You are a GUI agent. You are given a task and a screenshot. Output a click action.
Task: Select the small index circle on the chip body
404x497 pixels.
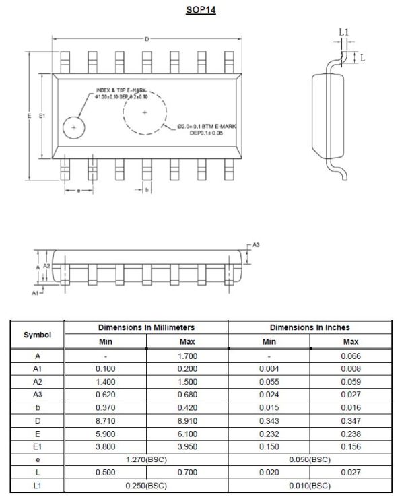pos(73,127)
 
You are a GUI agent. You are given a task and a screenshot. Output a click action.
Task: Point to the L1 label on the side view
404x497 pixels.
pos(343,32)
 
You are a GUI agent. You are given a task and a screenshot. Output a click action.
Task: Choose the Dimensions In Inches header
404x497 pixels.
pos(310,327)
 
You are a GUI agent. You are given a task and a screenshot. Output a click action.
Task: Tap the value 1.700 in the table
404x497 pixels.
pos(187,356)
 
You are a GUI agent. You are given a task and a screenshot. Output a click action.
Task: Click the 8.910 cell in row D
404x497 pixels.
pos(187,420)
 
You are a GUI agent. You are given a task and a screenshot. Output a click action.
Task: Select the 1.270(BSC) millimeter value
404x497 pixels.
pos(146,459)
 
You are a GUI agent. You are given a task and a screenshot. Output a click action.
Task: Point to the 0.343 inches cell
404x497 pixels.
pos(269,420)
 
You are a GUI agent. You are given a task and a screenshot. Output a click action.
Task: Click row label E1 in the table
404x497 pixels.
pos(36,446)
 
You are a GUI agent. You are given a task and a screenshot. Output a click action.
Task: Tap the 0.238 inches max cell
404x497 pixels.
pos(351,433)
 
